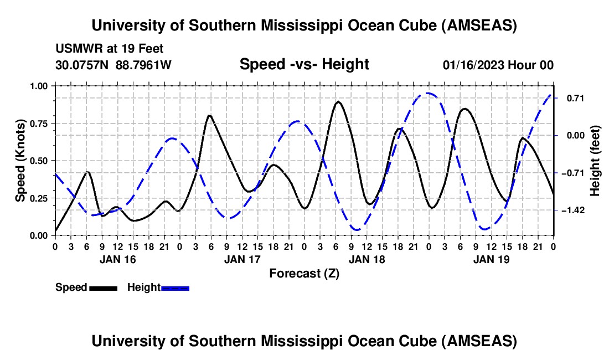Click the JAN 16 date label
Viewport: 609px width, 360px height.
pos(117,259)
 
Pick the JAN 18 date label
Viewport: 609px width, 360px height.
pos(367,259)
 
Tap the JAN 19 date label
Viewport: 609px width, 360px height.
pos(491,259)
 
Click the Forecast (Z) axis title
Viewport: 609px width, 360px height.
pos(304,273)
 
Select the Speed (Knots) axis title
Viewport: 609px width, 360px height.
pos(20,161)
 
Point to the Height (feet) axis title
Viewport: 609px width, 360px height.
pos(595,161)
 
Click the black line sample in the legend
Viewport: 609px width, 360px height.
pos(102,287)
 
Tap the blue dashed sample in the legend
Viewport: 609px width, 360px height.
pos(175,287)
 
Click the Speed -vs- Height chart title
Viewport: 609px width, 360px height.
pos(304,64)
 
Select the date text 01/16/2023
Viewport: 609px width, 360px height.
pos(472,65)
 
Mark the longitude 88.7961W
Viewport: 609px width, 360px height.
pos(143,65)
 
